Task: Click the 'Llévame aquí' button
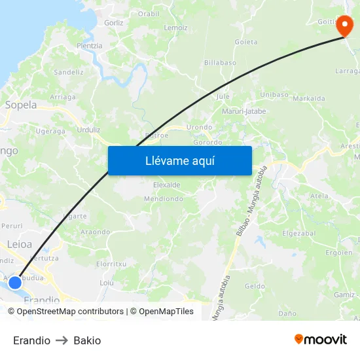179,160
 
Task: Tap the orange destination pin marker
344,27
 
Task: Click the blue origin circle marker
15,283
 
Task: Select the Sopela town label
21,105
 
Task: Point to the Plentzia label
90,46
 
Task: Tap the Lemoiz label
176,27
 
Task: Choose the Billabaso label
220,62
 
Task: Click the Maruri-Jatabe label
244,111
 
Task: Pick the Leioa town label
19,244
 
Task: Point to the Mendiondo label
162,198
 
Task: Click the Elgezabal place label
298,232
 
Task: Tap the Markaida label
309,99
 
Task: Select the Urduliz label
88,130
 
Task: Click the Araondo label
95,232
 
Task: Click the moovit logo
321,339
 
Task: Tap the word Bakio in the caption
87,340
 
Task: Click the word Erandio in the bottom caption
31,340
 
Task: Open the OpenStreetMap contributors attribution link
70,312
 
